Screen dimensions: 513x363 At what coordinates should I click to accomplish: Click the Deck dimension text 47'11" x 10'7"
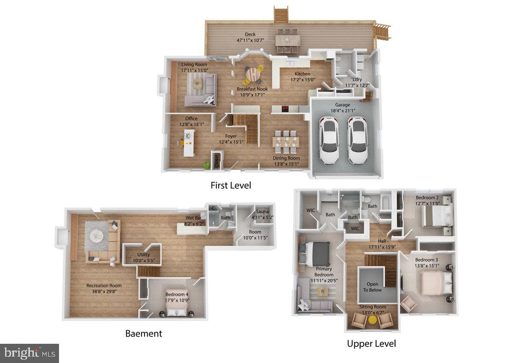(x=250, y=40)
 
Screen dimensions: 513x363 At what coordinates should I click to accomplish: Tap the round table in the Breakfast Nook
(x=253, y=75)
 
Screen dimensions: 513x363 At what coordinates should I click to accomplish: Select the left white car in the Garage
(x=329, y=140)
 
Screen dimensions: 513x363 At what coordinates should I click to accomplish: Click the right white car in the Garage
(x=357, y=140)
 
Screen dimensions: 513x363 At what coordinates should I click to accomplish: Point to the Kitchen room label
(x=303, y=74)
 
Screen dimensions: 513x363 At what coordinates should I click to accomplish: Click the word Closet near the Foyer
(x=216, y=161)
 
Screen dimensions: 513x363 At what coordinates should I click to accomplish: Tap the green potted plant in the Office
(x=207, y=165)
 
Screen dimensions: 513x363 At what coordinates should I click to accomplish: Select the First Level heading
(x=230, y=185)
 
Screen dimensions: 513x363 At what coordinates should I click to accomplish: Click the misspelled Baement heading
(x=144, y=334)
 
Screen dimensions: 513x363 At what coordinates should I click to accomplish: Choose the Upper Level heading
(x=371, y=343)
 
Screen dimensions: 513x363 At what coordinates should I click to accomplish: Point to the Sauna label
(x=262, y=211)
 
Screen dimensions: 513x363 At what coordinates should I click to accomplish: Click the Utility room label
(x=144, y=255)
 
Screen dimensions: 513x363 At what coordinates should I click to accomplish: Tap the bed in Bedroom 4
(x=176, y=307)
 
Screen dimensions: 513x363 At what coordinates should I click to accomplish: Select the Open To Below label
(x=372, y=287)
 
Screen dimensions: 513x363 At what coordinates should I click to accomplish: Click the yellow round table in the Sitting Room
(x=373, y=320)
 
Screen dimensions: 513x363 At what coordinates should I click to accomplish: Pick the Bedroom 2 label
(x=427, y=198)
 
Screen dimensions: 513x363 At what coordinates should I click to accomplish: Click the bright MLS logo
(x=29, y=353)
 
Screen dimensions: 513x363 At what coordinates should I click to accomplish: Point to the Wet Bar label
(x=194, y=218)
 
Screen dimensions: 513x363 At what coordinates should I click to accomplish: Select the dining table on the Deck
(x=287, y=41)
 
